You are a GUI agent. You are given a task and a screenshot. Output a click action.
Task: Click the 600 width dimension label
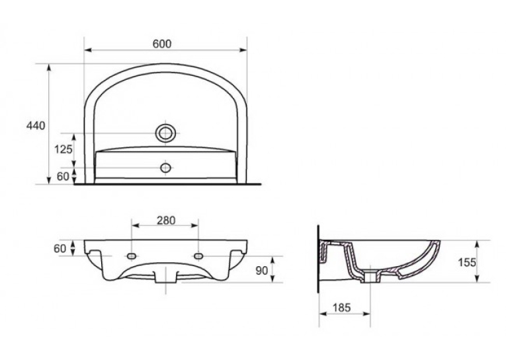[162, 44]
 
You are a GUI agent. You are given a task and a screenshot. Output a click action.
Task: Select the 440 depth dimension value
[36, 126]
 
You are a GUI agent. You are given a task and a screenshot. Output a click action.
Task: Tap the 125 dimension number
[63, 149]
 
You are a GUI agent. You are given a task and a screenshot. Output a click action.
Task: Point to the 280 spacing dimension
[166, 221]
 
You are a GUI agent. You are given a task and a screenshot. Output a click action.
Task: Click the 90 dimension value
[262, 271]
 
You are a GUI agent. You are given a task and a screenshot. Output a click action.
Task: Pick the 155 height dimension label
[467, 262]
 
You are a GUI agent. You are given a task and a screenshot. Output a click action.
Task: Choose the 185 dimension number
[341, 308]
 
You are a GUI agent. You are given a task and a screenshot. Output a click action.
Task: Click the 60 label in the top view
[63, 176]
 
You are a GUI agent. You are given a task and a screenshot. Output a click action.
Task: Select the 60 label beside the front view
[60, 248]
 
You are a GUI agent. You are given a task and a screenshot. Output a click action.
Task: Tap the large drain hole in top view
[166, 133]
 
